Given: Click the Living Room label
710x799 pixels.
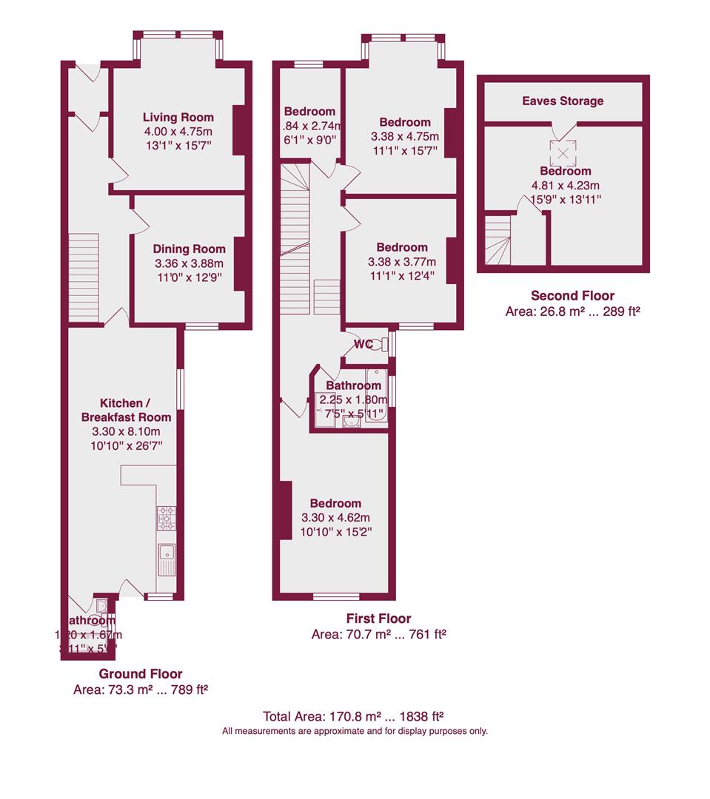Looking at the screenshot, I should [x=178, y=117].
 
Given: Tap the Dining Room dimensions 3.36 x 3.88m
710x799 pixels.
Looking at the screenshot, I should [x=188, y=263].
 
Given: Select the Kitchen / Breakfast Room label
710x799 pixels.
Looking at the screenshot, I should [x=125, y=410].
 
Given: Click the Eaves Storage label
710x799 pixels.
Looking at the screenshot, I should [x=563, y=101].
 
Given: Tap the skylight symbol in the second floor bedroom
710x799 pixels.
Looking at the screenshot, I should [x=563, y=153].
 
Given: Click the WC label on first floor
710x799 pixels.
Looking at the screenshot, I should [x=363, y=344].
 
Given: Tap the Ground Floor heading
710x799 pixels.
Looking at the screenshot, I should [x=141, y=673].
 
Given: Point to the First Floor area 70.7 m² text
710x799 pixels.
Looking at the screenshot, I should [x=378, y=634].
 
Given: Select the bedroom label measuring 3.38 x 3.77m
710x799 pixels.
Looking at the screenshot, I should [x=401, y=247].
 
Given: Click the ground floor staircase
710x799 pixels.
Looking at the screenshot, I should [x=84, y=277].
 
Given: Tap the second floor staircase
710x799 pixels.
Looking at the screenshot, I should [x=498, y=238].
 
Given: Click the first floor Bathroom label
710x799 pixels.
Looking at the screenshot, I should [x=354, y=385].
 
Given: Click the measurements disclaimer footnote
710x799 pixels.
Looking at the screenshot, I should [x=355, y=731].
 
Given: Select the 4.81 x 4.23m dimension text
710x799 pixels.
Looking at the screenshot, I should [x=564, y=186].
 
